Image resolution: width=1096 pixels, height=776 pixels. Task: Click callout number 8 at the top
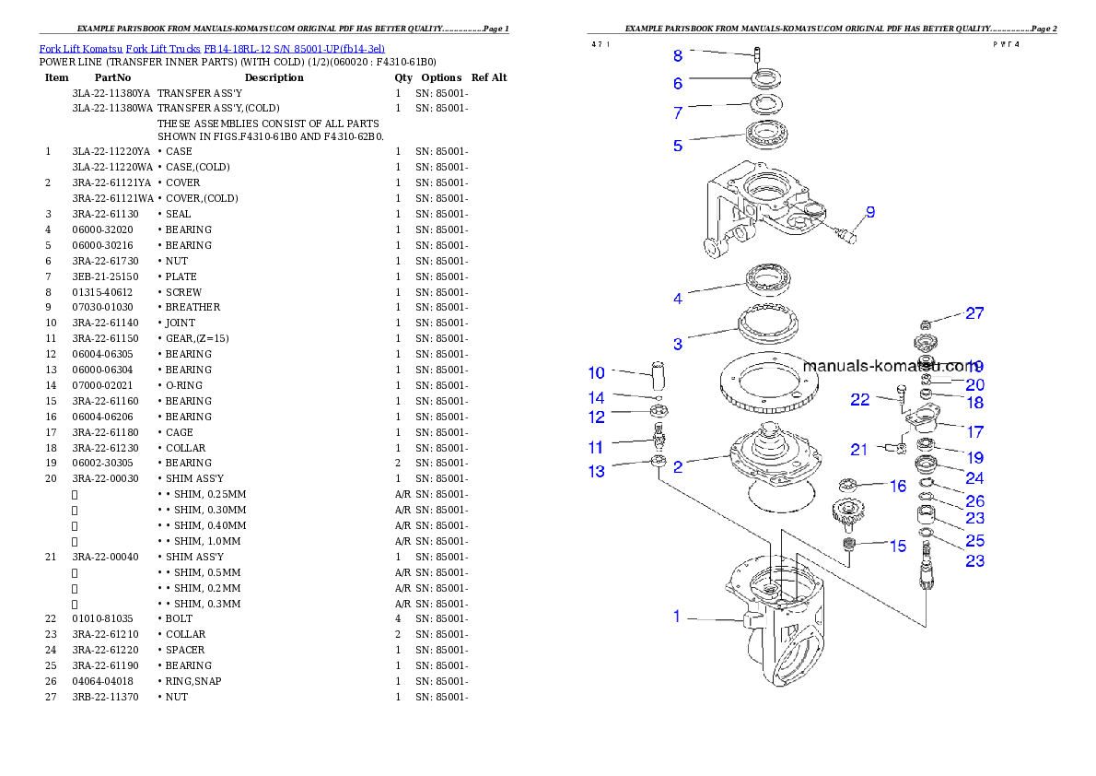pyautogui.click(x=678, y=55)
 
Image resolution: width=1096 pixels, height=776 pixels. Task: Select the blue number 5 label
pyautogui.click(x=678, y=146)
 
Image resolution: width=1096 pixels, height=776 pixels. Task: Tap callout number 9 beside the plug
pyautogui.click(x=869, y=212)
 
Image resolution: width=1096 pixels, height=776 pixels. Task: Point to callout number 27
pyautogui.click(x=974, y=313)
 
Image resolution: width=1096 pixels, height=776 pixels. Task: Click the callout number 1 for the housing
pyautogui.click(x=677, y=617)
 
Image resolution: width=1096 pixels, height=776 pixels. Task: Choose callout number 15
pyautogui.click(x=897, y=546)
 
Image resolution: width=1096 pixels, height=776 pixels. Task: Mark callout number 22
pyautogui.click(x=859, y=399)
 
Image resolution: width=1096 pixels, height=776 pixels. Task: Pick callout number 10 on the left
pyautogui.click(x=597, y=373)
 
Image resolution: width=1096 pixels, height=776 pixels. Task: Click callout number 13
pyautogui.click(x=597, y=472)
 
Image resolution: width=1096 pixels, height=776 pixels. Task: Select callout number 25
pyautogui.click(x=974, y=540)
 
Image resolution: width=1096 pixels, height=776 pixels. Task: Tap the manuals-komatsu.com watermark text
pyautogui.click(x=890, y=365)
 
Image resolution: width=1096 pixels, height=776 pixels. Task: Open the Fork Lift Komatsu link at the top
pyautogui.click(x=212, y=48)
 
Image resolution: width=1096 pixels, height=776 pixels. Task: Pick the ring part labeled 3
pyautogui.click(x=766, y=323)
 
